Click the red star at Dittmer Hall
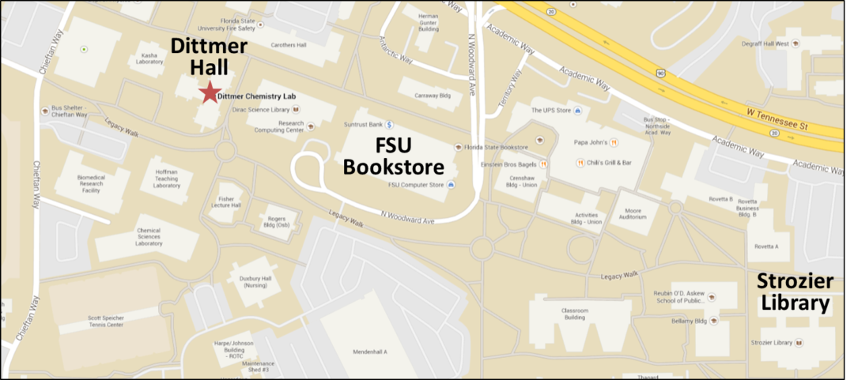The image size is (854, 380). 209,92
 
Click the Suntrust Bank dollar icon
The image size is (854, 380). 390,125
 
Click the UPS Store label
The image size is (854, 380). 551,111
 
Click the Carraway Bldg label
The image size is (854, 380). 433,96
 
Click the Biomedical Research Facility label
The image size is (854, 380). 92,184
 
